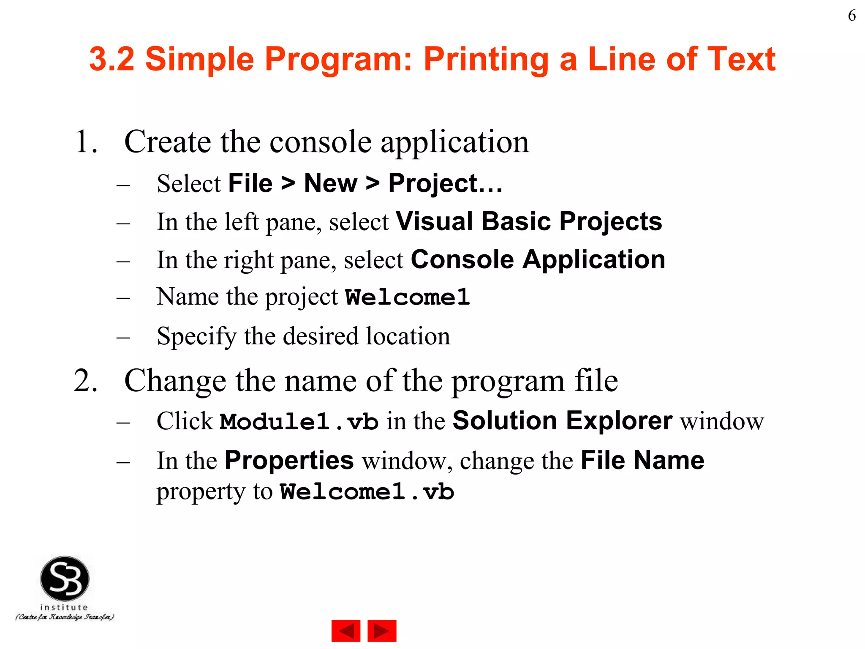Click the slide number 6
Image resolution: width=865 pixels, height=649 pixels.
[x=851, y=16]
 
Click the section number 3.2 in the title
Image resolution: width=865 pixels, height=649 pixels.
[x=112, y=59]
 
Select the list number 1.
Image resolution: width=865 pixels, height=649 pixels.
[x=86, y=142]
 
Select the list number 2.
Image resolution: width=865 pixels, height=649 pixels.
[x=86, y=381]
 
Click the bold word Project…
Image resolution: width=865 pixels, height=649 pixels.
[x=445, y=184]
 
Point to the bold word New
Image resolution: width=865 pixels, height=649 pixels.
[x=330, y=184]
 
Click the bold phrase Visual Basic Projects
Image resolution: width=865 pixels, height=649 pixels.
[x=529, y=221]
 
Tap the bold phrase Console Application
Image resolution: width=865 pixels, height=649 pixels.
[x=538, y=259]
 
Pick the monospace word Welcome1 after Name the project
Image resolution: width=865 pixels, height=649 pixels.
[x=407, y=297]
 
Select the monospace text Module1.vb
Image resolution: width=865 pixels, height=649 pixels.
[x=299, y=422]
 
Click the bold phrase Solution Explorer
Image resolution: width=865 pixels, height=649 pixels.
[x=562, y=421]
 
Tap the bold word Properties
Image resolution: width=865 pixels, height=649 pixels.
[x=289, y=460]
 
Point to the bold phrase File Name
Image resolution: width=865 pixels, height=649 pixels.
[x=642, y=460]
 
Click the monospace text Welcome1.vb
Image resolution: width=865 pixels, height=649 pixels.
[x=367, y=492]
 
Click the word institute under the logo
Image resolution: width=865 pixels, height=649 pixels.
[x=64, y=607]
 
